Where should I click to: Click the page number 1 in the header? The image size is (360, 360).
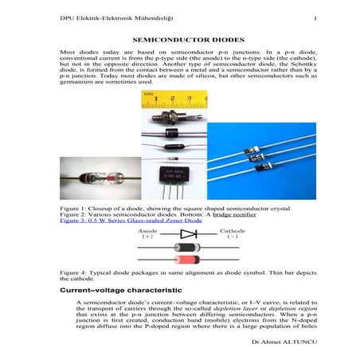(316, 18)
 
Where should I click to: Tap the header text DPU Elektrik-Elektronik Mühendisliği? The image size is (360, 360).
(106, 18)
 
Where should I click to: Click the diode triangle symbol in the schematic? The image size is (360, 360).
(189, 234)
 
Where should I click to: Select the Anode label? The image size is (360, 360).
(148, 230)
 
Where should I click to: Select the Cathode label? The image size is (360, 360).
(233, 230)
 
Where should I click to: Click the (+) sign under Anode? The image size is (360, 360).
(147, 237)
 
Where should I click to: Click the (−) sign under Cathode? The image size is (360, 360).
(233, 237)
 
